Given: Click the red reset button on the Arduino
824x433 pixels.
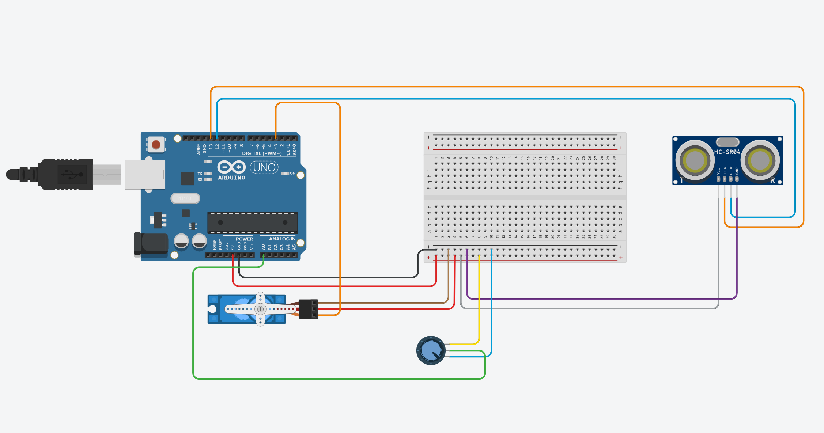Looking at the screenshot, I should (x=156, y=144).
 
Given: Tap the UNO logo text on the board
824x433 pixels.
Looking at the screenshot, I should (x=264, y=167).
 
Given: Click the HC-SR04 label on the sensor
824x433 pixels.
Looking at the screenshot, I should (x=727, y=152).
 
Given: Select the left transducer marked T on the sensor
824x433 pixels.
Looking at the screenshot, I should (x=695, y=160).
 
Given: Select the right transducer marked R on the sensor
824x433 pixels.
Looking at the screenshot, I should (x=760, y=160).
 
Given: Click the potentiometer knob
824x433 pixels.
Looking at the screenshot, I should (x=431, y=350).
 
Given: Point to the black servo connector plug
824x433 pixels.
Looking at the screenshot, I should (x=308, y=309).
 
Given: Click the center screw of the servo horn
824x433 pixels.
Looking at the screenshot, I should (x=260, y=309).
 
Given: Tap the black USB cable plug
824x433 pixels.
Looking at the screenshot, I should (x=66, y=174).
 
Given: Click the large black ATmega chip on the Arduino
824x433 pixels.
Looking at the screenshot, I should (x=253, y=222).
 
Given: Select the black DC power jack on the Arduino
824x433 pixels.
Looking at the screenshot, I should (x=151, y=244).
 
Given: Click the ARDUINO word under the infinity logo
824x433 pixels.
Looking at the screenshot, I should (x=231, y=178).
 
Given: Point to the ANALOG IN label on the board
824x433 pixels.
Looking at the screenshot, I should (x=282, y=239).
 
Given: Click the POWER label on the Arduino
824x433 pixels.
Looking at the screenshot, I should (x=244, y=239).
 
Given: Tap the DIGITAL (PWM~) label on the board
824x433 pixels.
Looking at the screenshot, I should (x=262, y=153).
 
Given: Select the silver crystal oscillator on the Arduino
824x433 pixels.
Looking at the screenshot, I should (x=185, y=198).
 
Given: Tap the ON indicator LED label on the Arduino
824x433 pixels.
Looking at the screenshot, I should (x=292, y=173).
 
